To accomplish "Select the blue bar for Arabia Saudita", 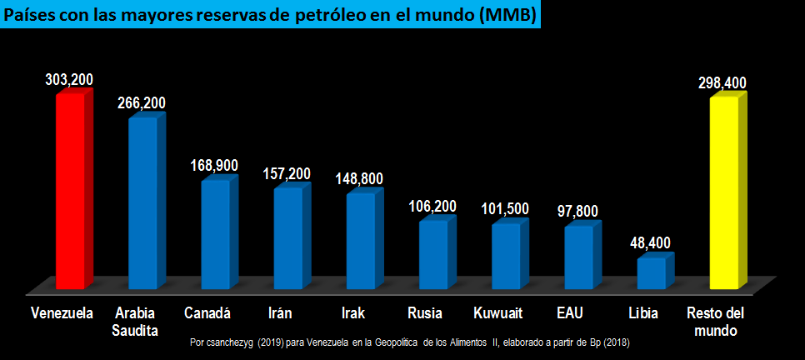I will [142, 204].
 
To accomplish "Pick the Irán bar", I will [287, 240].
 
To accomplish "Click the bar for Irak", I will [360, 242].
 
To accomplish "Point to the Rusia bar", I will [432, 257].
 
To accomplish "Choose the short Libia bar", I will [651, 274].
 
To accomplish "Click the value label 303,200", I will [69, 79].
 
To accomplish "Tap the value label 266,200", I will [142, 103].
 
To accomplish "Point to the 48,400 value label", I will [650, 243].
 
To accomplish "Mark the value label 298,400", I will [722, 82].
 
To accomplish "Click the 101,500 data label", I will [505, 208].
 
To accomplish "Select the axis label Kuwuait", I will [497, 313].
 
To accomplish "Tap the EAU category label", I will [570, 313].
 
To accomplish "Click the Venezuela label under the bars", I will [61, 313].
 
